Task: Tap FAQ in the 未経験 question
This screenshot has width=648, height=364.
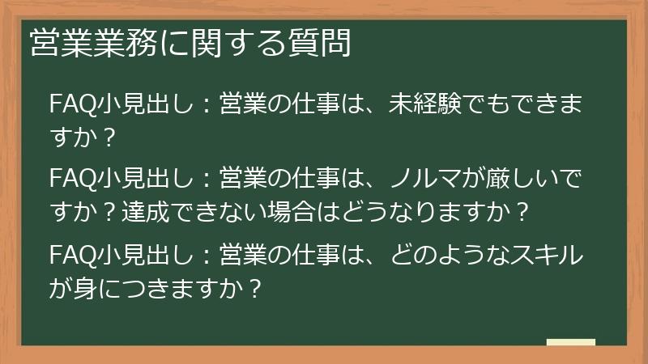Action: (73, 106)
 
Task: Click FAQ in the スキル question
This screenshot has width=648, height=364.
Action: (73, 256)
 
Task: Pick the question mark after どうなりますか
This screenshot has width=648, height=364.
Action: (522, 213)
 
